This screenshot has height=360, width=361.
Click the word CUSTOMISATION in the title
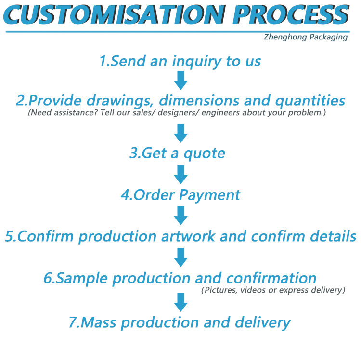click(115, 14)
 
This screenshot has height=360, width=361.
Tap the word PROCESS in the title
click(292, 14)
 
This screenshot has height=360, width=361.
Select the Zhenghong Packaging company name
click(306, 37)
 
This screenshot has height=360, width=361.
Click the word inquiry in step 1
click(197, 62)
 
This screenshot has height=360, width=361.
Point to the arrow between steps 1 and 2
click(180, 80)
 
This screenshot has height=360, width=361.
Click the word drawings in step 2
click(120, 101)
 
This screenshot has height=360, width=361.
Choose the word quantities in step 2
click(310, 101)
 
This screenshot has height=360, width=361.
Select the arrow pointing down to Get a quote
click(180, 133)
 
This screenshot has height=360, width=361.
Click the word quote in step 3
click(204, 154)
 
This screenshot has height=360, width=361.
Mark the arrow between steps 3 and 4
click(180, 175)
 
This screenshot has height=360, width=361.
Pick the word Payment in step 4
click(209, 195)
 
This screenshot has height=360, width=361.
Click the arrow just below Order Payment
click(180, 216)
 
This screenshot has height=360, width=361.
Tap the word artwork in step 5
click(188, 236)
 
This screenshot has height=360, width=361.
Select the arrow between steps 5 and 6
click(180, 257)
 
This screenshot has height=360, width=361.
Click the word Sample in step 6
click(82, 279)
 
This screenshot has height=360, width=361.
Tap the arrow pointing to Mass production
click(180, 302)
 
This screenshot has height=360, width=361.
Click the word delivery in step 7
click(263, 323)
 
